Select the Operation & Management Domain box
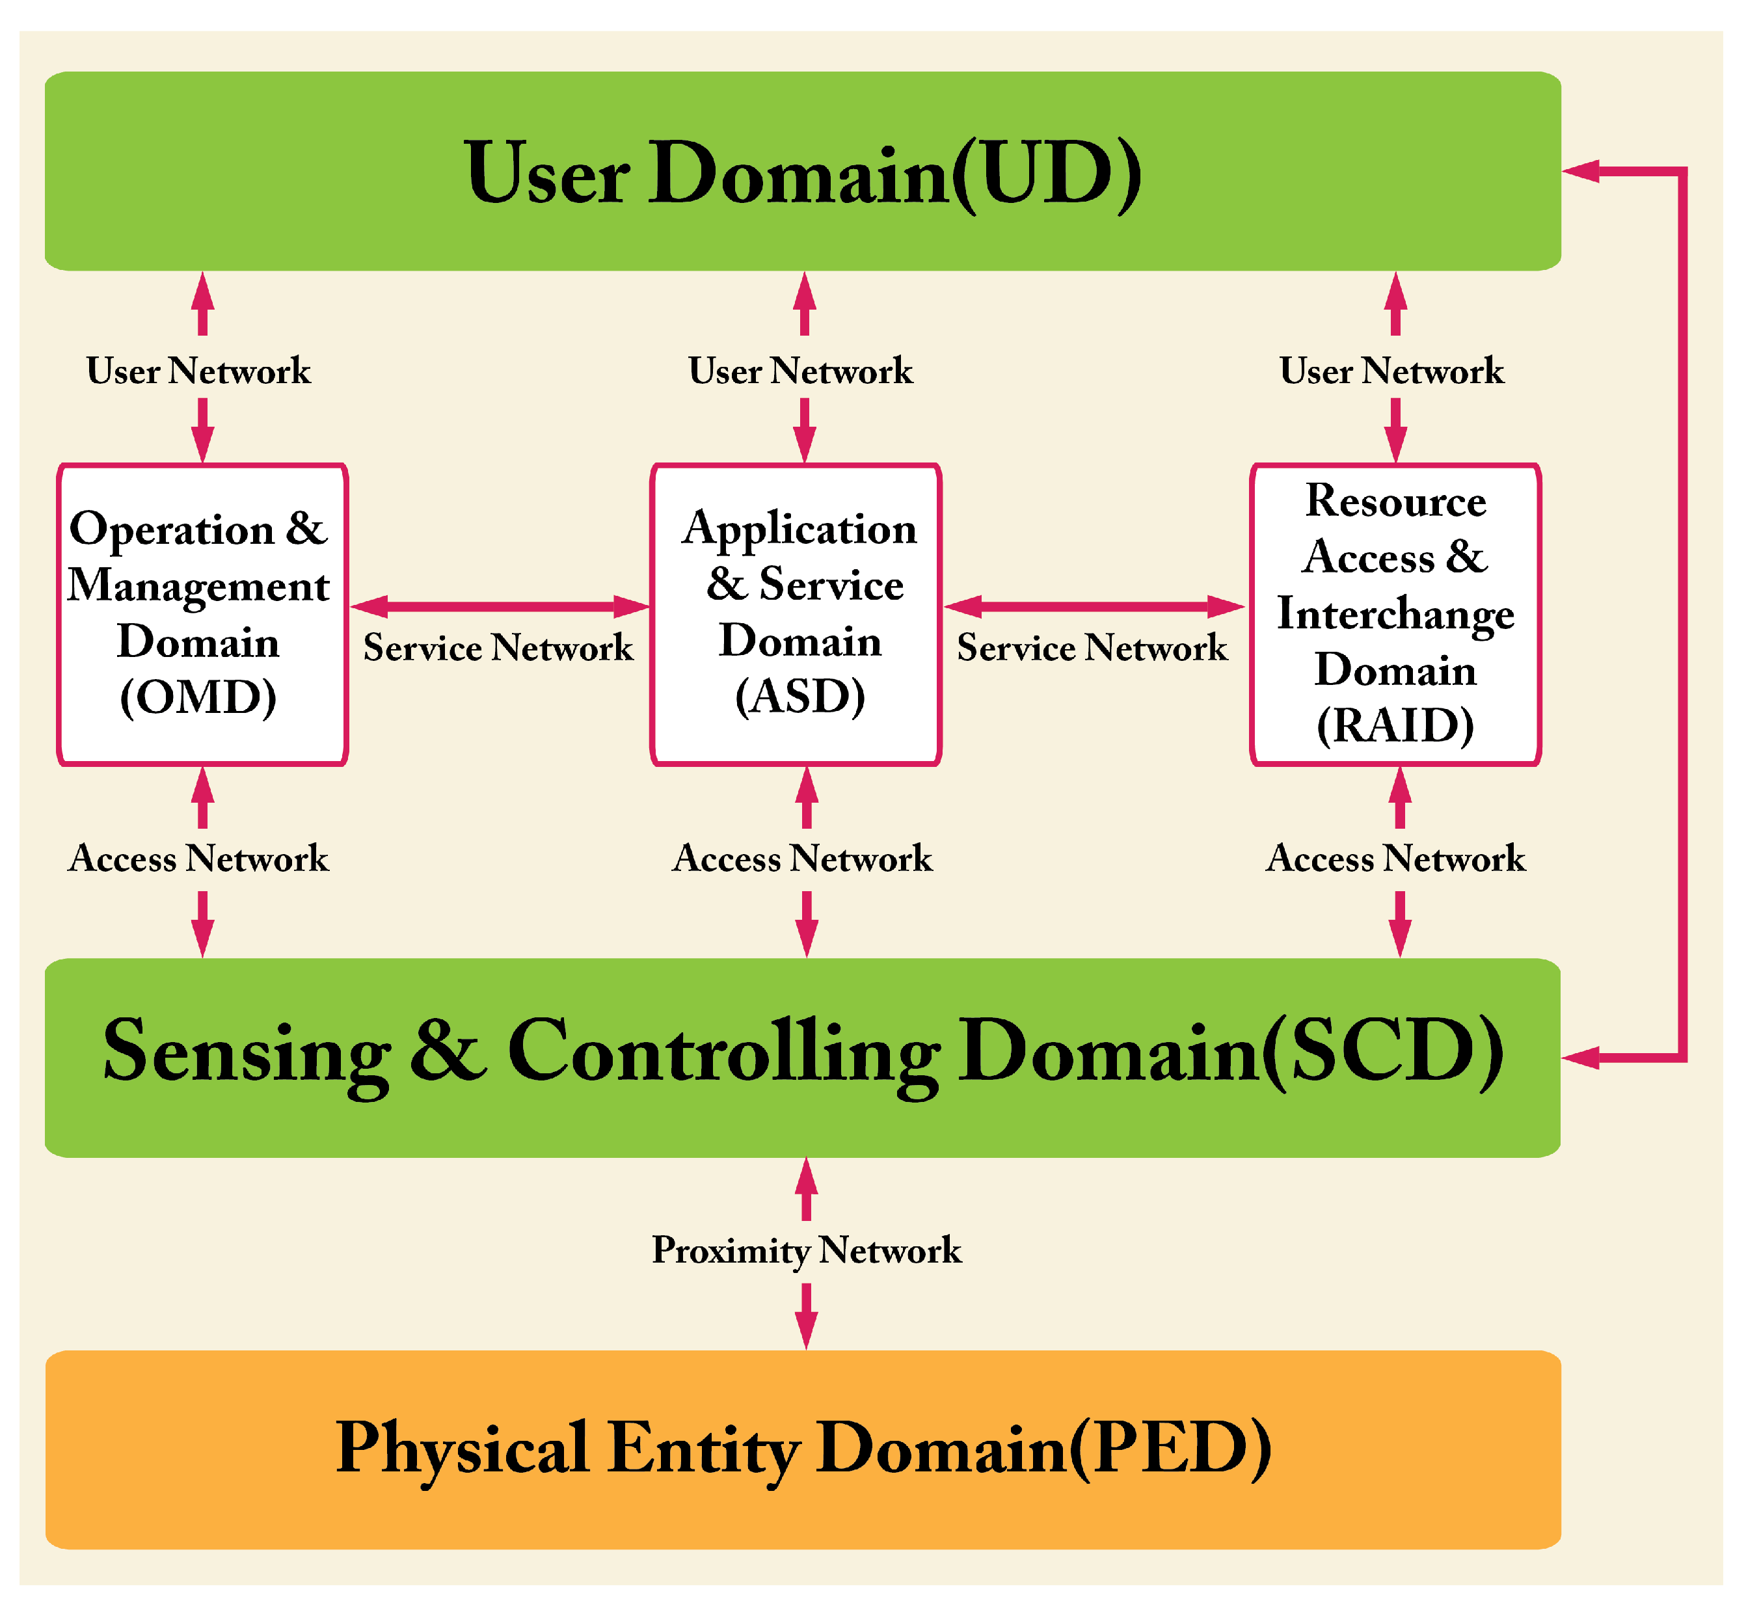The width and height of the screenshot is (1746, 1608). coord(202,613)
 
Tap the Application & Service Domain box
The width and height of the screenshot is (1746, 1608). coord(796,613)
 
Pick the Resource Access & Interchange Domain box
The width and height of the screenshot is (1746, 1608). coord(1395,613)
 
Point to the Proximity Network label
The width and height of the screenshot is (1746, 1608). coord(807,1250)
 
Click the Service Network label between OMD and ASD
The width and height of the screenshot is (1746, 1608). coord(498,647)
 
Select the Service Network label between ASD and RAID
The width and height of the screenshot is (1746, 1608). coord(1092,647)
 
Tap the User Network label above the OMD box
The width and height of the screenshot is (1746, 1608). coord(198,371)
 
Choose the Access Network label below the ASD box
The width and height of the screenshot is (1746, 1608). coord(802,859)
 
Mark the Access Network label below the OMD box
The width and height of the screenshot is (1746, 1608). coord(198,859)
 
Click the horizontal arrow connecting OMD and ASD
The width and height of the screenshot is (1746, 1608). coord(500,606)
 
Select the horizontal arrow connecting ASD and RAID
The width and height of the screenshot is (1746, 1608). coord(1094,606)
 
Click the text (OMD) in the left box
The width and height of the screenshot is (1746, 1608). coord(198,697)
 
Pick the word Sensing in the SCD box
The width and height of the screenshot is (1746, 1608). coord(246,1051)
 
